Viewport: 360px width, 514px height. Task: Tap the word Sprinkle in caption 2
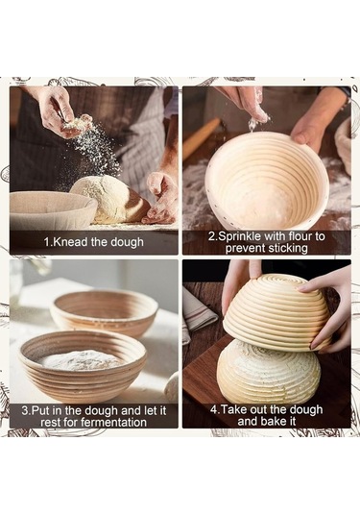pyautogui.click(x=239, y=236)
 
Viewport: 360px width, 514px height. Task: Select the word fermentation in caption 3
pyautogui.click(x=113, y=422)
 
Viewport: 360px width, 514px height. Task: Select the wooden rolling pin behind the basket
pyautogui.click(x=201, y=137)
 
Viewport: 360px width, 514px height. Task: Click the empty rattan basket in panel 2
pyautogui.click(x=267, y=182)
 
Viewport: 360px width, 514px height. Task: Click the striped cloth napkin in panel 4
pyautogui.click(x=198, y=315)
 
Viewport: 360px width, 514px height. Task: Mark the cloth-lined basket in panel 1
pyautogui.click(x=53, y=209)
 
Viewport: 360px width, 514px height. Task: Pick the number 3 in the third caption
pyautogui.click(x=25, y=411)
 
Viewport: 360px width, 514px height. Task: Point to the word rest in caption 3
pyautogui.click(x=50, y=422)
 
